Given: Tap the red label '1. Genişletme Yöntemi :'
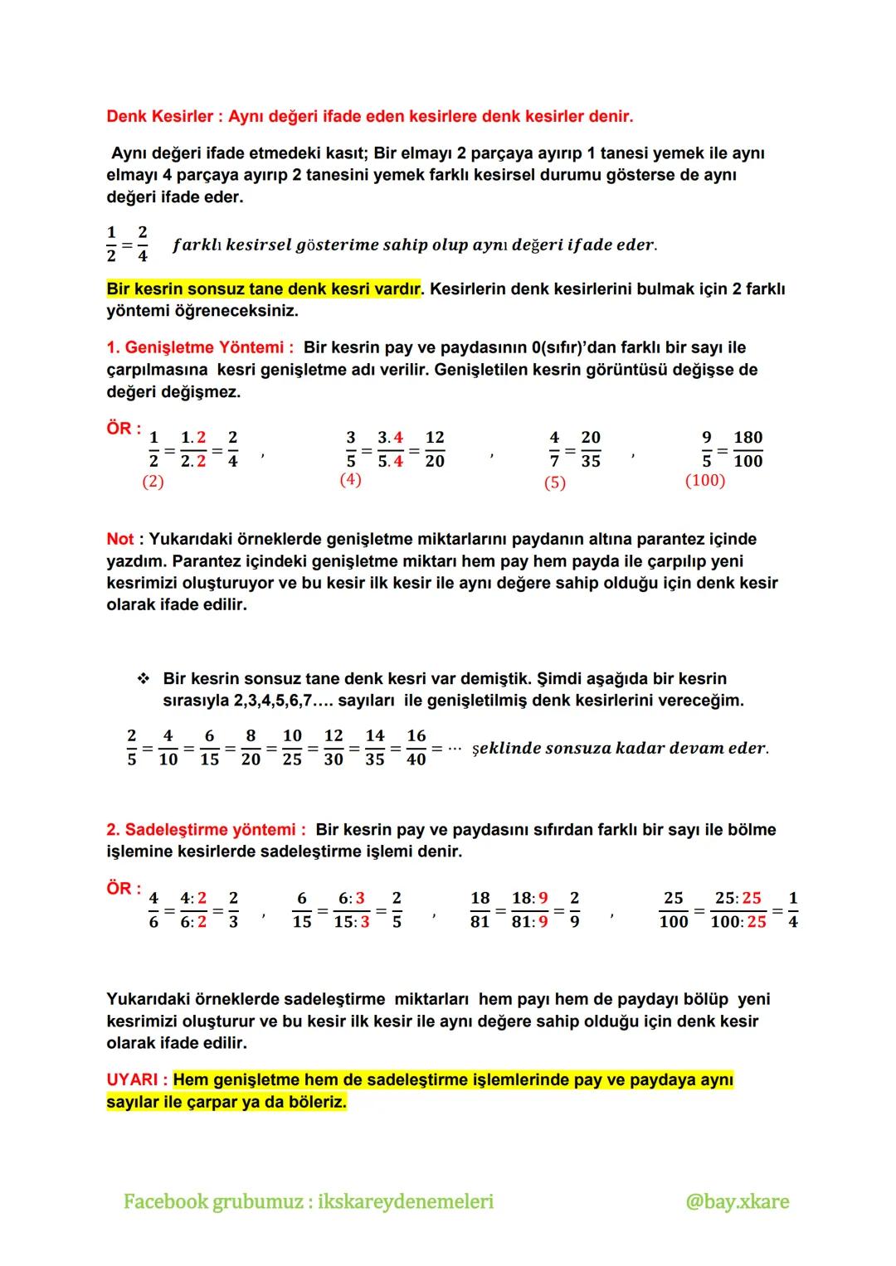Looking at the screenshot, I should point(200,347).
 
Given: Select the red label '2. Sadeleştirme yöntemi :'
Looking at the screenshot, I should point(206,830).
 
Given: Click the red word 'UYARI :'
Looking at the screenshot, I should point(137,1080).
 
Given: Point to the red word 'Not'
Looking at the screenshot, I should point(119,539).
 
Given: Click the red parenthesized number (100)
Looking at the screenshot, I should point(705,481).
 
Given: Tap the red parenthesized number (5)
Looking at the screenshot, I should point(554,483).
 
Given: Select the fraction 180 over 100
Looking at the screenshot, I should point(747,449).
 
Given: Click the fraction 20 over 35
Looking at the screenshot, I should point(591,449).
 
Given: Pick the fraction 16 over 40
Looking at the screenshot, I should point(416,748).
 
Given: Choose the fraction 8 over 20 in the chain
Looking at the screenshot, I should point(251,748).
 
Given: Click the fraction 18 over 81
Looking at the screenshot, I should point(480,910).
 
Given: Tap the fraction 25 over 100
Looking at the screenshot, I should point(674,910).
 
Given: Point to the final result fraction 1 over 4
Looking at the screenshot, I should point(793,910).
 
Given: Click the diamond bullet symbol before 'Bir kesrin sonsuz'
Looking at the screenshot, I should point(143,679).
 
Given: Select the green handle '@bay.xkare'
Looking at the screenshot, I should point(737,1201).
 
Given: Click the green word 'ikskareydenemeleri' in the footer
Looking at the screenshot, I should point(406,1201).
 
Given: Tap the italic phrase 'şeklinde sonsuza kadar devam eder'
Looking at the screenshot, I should point(620,749).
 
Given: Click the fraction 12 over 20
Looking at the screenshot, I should point(435,449).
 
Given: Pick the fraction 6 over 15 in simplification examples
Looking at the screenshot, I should point(302,910).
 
